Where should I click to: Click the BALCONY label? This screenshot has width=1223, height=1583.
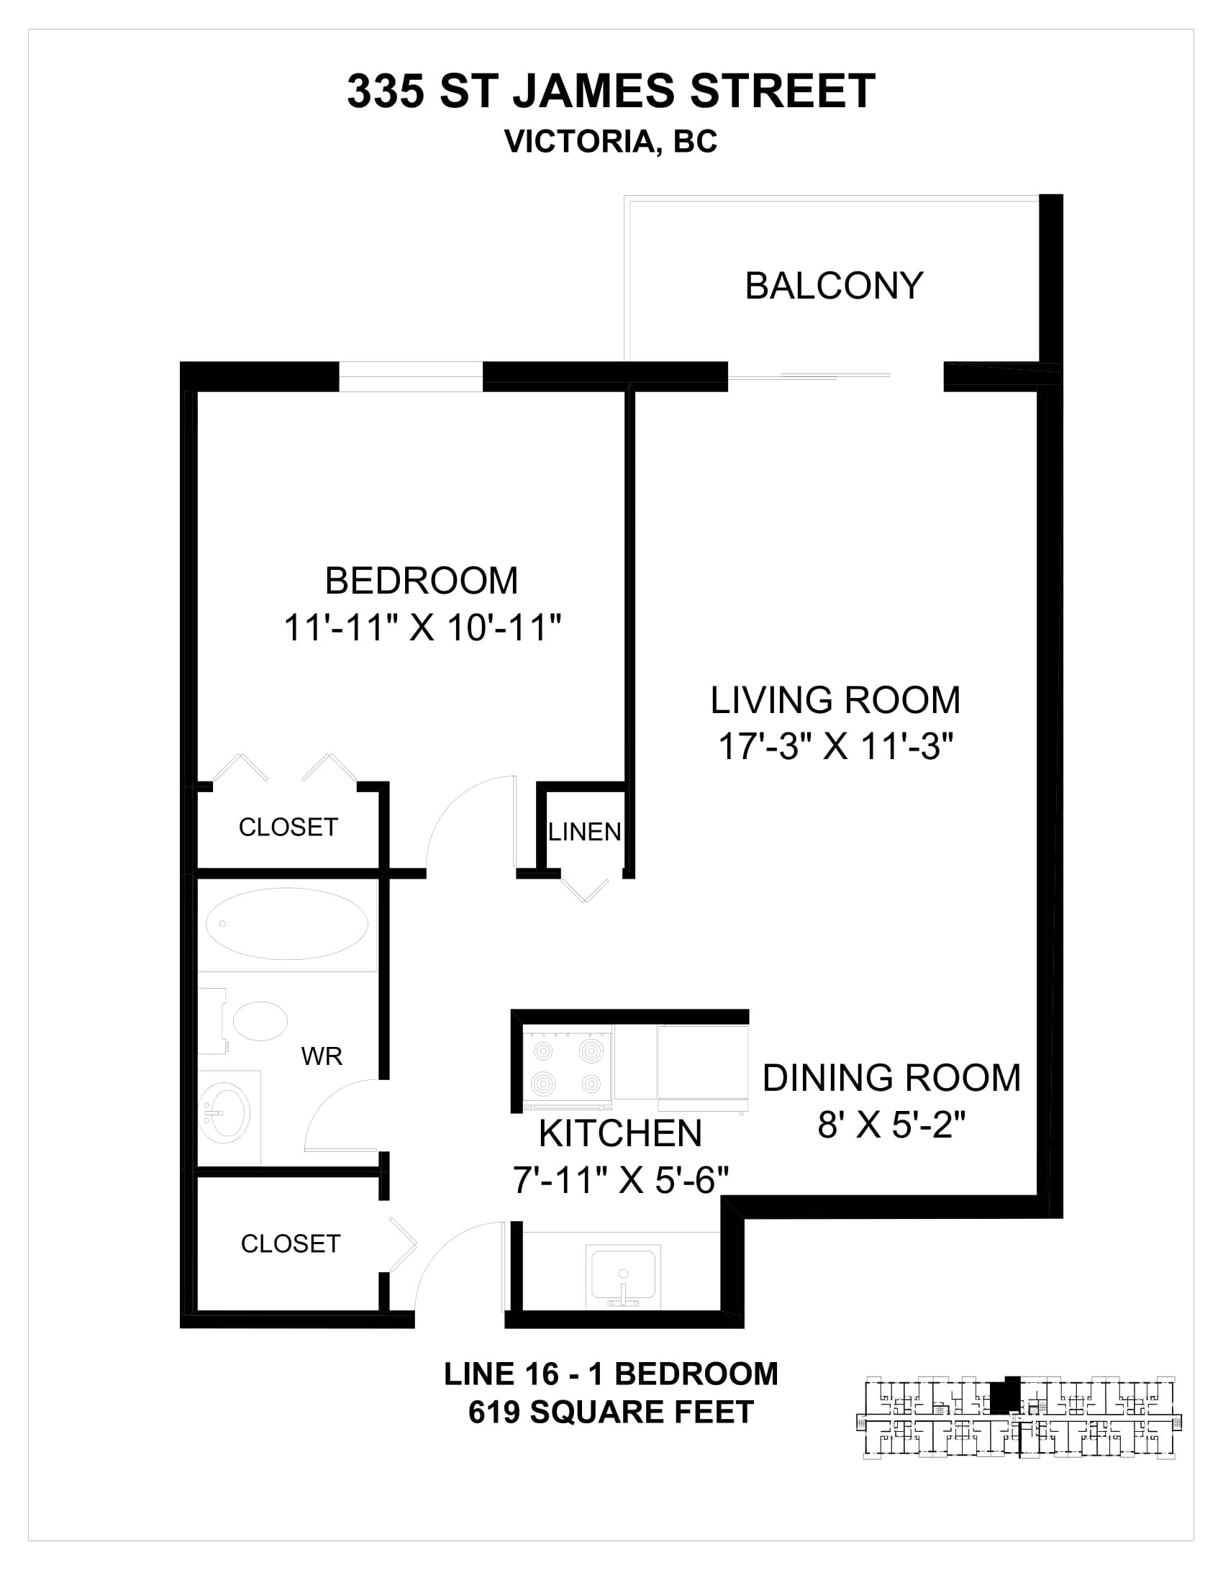[834, 286]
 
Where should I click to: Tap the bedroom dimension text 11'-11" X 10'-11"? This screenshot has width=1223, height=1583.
[422, 627]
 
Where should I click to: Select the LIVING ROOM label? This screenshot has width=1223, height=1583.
[835, 700]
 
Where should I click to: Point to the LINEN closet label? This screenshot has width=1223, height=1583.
[585, 832]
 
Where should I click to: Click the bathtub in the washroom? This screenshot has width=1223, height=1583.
[287, 924]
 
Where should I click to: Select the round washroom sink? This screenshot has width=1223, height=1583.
[224, 1112]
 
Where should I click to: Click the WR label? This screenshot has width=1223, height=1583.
[322, 1057]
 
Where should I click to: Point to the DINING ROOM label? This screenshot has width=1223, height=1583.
[891, 1078]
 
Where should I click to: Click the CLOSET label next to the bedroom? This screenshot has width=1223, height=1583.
[288, 827]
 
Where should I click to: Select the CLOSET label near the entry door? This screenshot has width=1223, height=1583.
[291, 1244]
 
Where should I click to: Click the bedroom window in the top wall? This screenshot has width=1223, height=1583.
[411, 377]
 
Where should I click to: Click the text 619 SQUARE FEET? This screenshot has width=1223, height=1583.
[611, 1412]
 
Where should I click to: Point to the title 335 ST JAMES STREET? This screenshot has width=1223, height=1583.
[611, 91]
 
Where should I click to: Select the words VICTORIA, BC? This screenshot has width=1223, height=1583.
[611, 141]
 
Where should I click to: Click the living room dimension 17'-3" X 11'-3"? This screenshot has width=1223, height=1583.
[835, 746]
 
